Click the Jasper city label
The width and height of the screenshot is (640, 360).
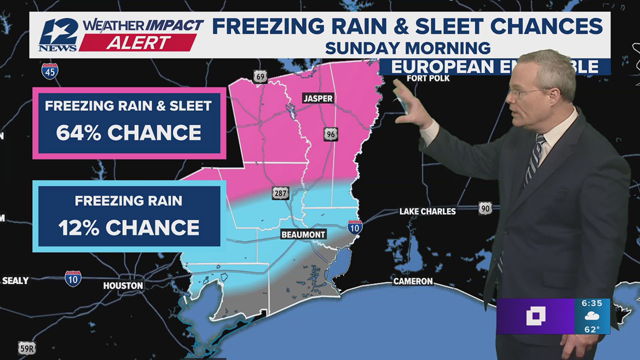click(318, 98)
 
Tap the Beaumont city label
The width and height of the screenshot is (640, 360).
click(303, 235)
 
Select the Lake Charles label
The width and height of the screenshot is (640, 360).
click(427, 211)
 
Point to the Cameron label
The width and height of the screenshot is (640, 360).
click(413, 281)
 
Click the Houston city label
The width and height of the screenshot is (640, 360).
click(123, 286)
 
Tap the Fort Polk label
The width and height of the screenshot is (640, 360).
click(428, 79)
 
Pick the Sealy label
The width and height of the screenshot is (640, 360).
click(15, 281)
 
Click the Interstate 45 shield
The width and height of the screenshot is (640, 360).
click(50, 71)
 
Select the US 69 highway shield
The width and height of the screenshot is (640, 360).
click(260, 77)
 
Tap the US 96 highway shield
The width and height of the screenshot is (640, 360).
click(331, 134)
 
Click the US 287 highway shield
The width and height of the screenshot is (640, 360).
click(280, 193)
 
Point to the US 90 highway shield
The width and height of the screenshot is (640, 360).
click(485, 209)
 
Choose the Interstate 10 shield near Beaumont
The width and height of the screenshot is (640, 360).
click(355, 228)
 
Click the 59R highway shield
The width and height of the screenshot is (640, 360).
click(27, 348)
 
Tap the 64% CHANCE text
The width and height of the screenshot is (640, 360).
click(129, 133)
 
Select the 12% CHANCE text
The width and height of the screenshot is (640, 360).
click(129, 228)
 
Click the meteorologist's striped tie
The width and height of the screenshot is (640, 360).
click(533, 160)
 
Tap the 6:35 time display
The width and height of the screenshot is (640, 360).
click(592, 303)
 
